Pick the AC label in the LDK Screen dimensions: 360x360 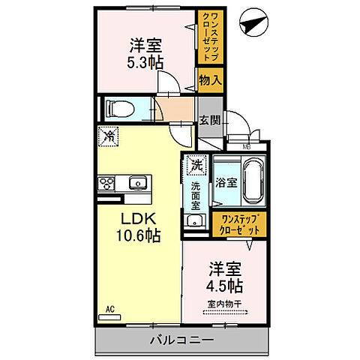109,308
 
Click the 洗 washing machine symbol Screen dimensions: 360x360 196,163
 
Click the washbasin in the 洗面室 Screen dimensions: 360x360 196,220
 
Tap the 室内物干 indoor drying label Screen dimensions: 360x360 223,304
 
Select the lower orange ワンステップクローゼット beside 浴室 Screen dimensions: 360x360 238,223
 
